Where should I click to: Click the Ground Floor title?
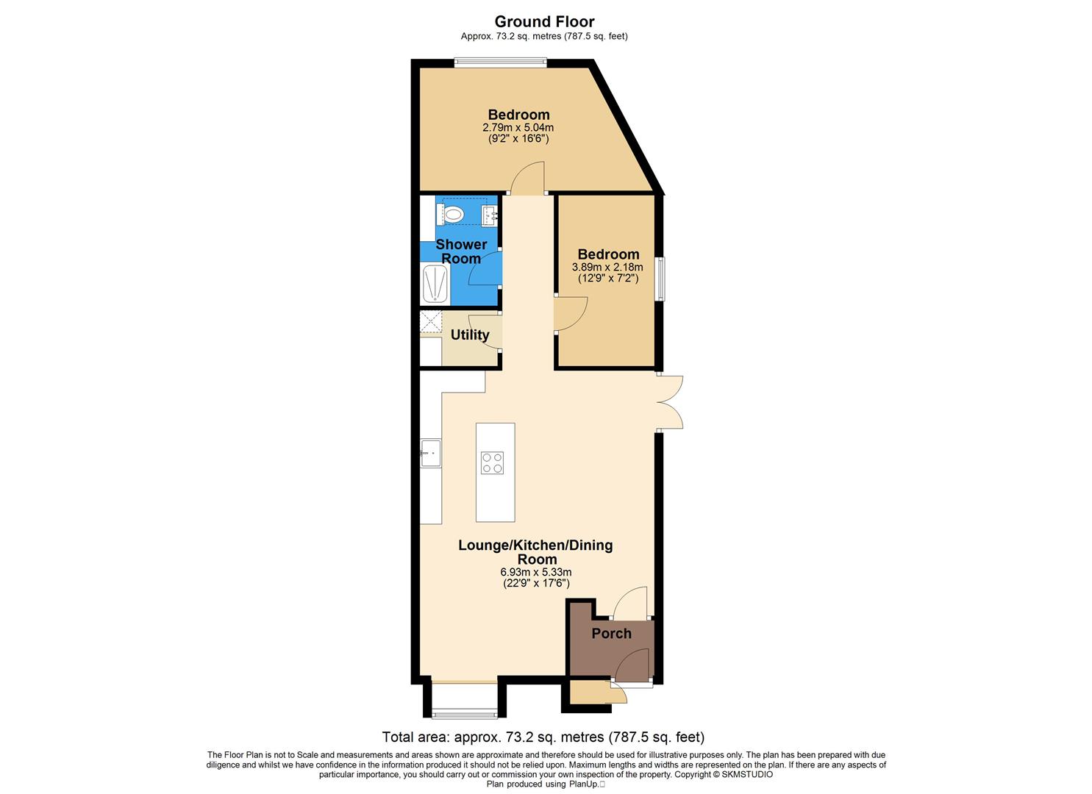tap(544, 21)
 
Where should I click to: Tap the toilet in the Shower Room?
tap(454, 215)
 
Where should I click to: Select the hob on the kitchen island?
tap(493, 462)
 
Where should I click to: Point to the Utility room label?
tap(470, 335)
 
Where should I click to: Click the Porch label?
tap(611, 633)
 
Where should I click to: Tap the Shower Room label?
tap(461, 251)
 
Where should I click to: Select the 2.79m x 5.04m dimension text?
tap(518, 128)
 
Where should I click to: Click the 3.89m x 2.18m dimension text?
tap(607, 268)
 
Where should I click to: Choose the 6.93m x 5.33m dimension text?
tap(535, 572)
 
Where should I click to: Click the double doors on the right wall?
tap(671, 401)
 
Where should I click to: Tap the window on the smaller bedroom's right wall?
tap(660, 279)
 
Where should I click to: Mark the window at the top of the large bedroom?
tap(500, 63)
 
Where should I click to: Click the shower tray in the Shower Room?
tap(435, 285)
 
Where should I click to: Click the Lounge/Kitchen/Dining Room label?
tap(535, 551)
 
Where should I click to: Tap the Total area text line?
tap(543, 737)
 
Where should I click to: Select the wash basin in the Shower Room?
tap(489, 215)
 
